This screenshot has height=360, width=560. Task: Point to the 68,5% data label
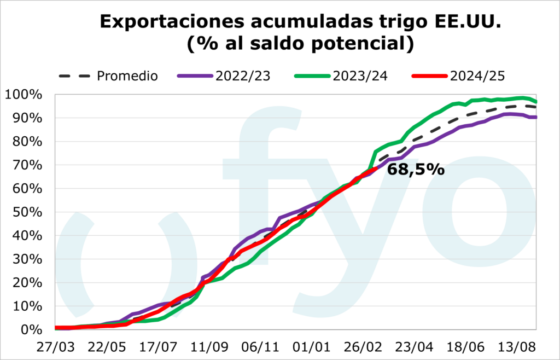(x=416, y=170)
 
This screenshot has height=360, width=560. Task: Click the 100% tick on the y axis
(x=23, y=95)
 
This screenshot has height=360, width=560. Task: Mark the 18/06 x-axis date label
(x=466, y=349)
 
